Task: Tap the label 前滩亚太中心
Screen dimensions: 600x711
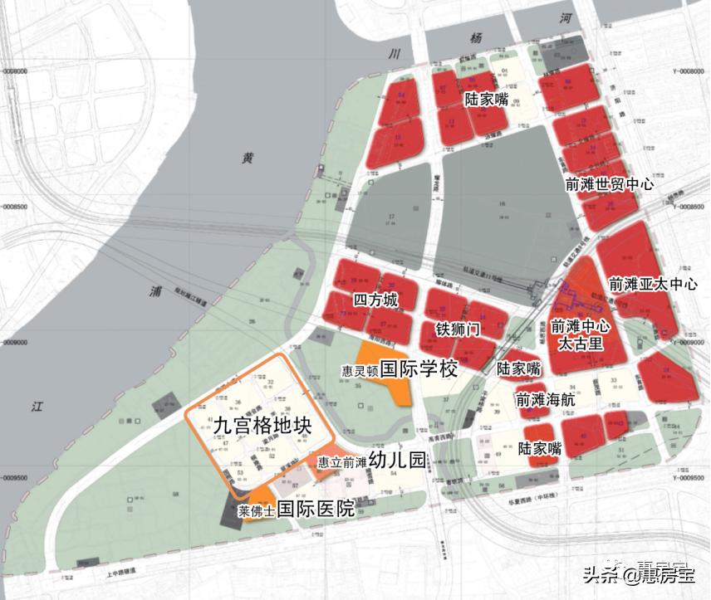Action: click(653, 284)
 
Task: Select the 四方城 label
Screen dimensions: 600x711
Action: click(375, 300)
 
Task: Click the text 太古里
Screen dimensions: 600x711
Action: click(580, 343)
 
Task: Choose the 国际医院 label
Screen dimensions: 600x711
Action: click(316, 509)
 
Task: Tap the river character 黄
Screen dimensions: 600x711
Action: click(247, 159)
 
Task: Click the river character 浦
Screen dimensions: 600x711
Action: click(155, 290)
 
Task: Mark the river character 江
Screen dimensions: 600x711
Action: click(37, 407)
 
